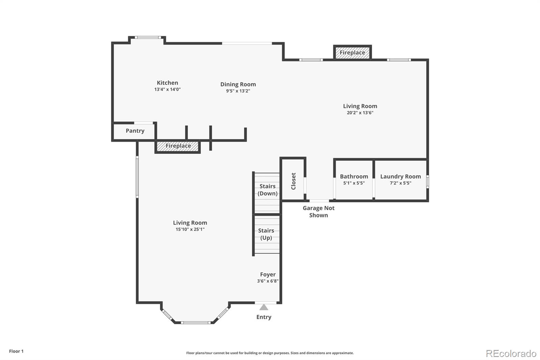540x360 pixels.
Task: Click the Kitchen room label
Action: click(167, 83)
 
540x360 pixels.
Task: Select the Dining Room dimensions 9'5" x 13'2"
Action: click(238, 91)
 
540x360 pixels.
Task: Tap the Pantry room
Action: click(135, 131)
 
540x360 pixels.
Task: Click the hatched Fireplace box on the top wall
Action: click(352, 53)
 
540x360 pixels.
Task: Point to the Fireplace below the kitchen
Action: click(178, 146)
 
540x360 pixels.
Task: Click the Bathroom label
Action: click(354, 176)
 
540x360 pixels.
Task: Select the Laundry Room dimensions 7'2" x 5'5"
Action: click(400, 183)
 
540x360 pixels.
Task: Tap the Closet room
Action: click(293, 181)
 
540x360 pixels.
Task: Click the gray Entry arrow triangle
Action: click(264, 307)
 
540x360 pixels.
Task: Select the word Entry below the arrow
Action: click(264, 317)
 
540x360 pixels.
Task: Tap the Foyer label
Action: click(268, 275)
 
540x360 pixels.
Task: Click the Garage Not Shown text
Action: click(318, 212)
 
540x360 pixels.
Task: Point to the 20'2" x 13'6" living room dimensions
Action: click(360, 113)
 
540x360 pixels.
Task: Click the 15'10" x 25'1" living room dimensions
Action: click(190, 229)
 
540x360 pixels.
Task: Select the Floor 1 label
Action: click(16, 351)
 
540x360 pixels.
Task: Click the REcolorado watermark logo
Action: click(511, 354)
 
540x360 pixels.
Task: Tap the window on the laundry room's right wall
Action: click(427, 181)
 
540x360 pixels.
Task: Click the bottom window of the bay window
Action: click(195, 323)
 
